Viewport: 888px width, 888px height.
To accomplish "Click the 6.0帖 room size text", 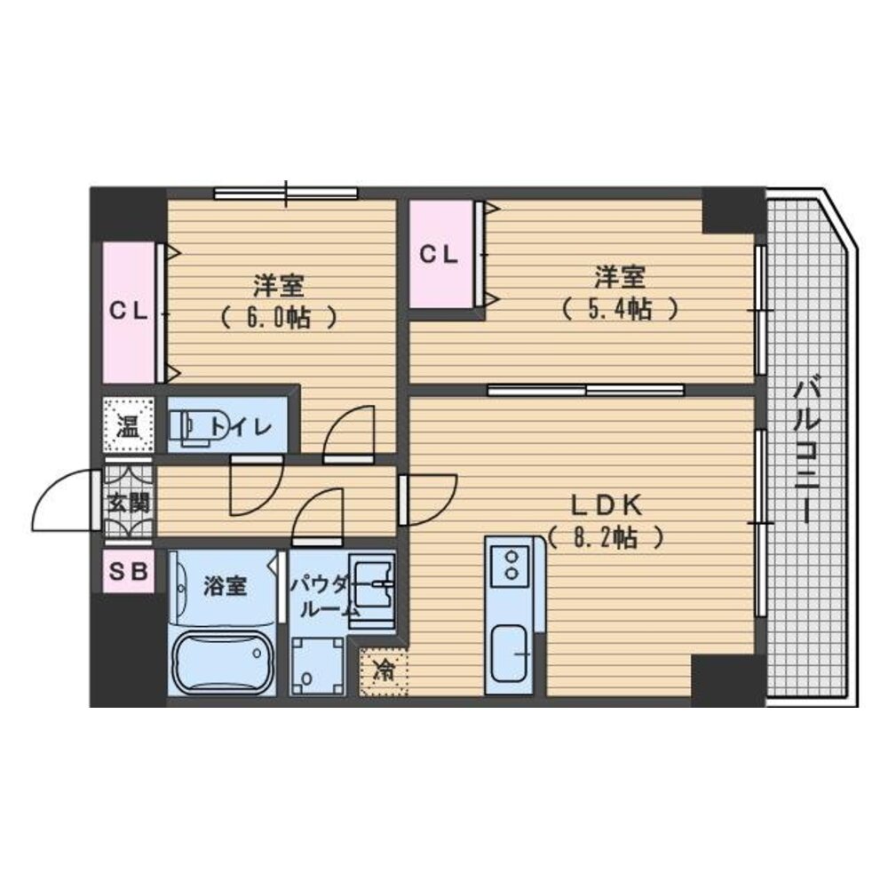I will [279, 317].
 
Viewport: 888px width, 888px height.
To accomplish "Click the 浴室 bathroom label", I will [225, 586].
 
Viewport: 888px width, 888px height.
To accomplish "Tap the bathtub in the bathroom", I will [221, 662].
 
